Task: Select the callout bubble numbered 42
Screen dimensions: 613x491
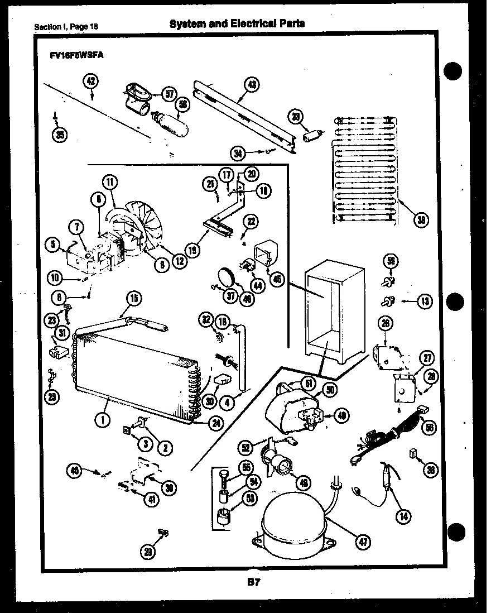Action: click(91, 82)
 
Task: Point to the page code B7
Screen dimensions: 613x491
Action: click(253, 583)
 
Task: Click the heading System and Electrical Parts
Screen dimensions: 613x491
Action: click(237, 23)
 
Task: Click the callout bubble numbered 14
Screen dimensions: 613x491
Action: click(402, 517)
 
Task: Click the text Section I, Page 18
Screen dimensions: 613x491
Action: click(68, 26)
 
